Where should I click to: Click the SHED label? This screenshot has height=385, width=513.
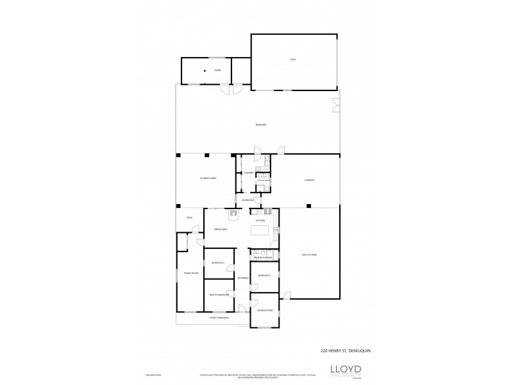point(292,60)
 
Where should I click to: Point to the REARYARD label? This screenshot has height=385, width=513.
point(261,124)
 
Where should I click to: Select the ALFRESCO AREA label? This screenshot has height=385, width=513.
point(207,178)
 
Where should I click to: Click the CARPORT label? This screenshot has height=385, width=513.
point(310,180)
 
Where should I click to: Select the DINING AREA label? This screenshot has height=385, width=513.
point(221,229)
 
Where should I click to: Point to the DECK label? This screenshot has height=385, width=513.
point(190,218)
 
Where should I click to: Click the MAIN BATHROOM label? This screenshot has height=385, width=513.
point(263,257)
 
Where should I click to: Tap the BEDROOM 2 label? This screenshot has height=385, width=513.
point(218,263)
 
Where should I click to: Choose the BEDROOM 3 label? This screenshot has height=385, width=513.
point(264,275)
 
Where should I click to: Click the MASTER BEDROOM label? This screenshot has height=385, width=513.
point(219,295)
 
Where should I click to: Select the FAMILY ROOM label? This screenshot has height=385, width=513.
point(191,273)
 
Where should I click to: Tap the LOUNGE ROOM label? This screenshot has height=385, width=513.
point(265,310)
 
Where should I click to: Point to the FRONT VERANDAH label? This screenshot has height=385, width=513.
point(219,318)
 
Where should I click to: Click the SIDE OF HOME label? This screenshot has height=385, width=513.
point(309,255)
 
